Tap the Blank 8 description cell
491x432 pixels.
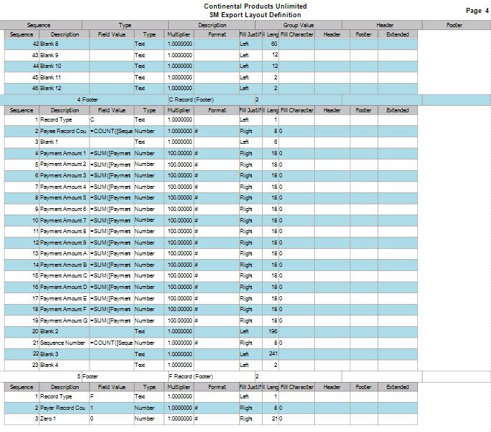click(x=50, y=44)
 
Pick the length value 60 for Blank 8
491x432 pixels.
click(x=274, y=44)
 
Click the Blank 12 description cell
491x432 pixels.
click(x=52, y=88)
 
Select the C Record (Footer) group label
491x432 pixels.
click(x=191, y=99)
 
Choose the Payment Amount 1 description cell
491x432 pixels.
click(x=64, y=153)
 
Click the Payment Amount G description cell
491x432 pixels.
click(x=64, y=320)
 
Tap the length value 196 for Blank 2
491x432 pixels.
click(x=273, y=331)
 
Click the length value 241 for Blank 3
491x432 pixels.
click(x=273, y=353)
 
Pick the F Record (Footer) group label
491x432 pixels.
click(x=191, y=375)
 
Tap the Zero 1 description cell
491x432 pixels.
click(x=48, y=418)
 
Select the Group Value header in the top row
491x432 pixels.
click(x=276, y=25)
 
